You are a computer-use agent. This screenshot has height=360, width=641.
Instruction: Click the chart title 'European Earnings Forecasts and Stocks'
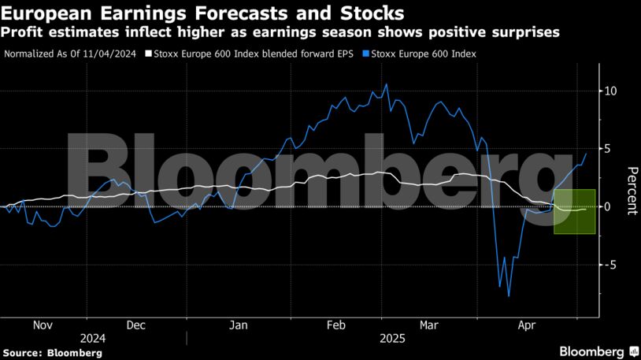pos(203,13)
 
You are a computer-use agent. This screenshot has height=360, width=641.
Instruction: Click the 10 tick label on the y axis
pos(610,91)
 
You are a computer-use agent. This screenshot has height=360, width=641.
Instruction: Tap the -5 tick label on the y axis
pos(609,265)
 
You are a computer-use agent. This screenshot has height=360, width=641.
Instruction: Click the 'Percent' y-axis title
pos(630,191)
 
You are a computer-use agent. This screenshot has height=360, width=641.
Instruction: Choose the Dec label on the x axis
pos(135,325)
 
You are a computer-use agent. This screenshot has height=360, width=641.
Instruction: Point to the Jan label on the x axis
pos(239,325)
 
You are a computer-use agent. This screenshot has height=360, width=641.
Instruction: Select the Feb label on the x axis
pos(336,325)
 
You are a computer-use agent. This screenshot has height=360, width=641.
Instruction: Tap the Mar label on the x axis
pos(428,325)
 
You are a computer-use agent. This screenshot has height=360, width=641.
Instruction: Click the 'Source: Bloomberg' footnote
pos(52,353)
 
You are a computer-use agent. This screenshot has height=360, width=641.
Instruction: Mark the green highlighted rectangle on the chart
pos(574,211)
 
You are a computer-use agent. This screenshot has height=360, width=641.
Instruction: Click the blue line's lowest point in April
pos(509,296)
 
